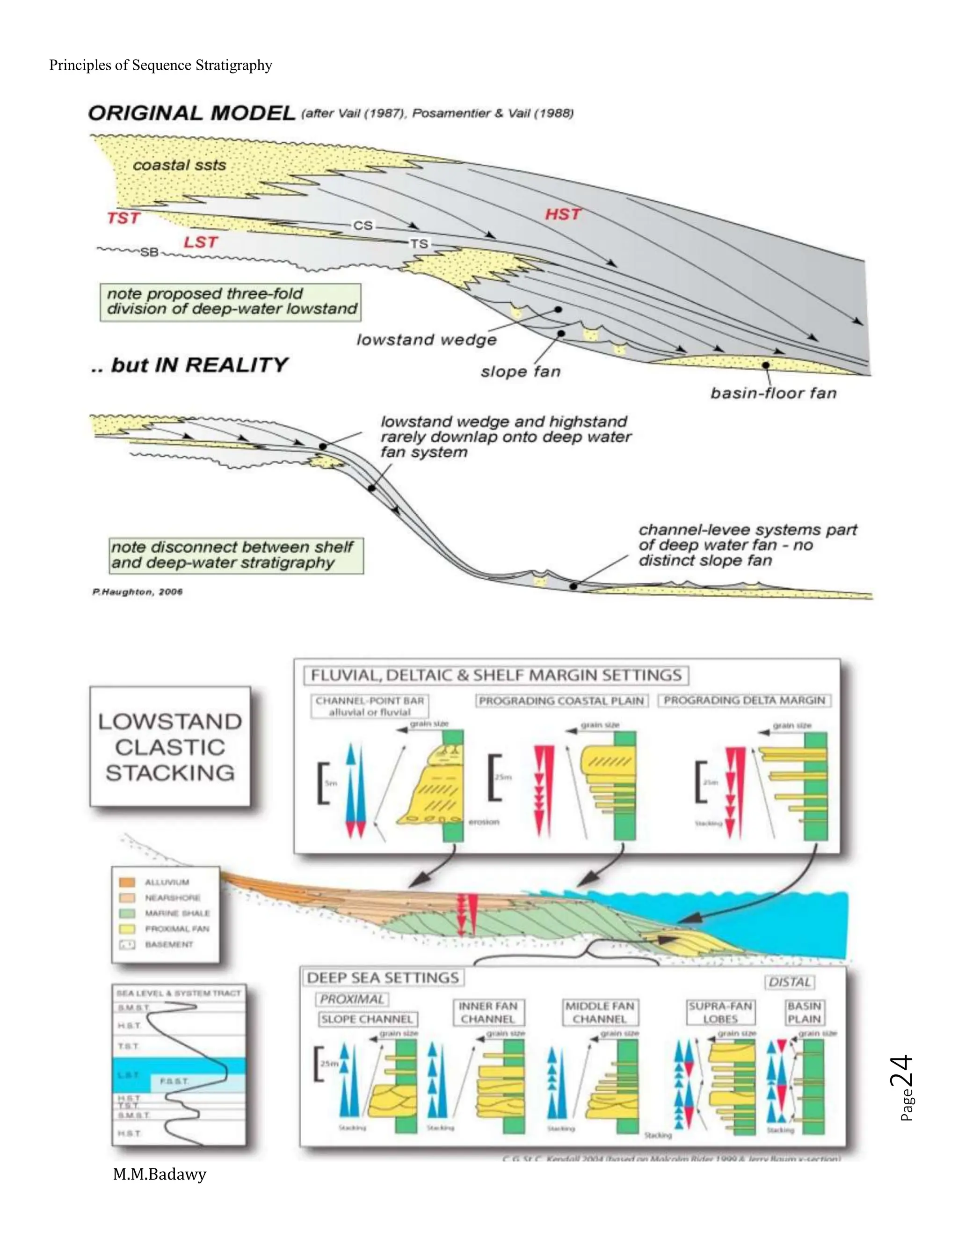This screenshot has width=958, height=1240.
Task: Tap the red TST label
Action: pos(123,218)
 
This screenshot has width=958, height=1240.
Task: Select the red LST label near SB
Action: pos(200,242)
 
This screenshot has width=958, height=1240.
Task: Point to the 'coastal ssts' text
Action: pos(179,165)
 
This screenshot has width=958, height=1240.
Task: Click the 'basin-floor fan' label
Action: pos(773,393)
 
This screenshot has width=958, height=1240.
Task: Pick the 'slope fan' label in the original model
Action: pos(521,372)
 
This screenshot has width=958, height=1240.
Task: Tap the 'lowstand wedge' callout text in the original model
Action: pos(426,340)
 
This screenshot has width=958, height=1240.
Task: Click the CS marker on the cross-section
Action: pos(363,226)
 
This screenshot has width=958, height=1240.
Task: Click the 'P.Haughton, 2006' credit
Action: pos(138,591)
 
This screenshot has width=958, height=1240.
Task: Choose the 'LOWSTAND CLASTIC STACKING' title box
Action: pos(170,747)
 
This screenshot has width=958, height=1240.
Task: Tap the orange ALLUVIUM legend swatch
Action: pos(127,882)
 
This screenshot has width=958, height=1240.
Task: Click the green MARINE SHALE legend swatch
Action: pos(127,913)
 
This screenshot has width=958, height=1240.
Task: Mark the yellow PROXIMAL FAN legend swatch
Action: pos(127,929)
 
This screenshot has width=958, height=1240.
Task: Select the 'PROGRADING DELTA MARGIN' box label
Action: pos(744,700)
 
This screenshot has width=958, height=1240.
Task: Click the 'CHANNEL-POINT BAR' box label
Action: pos(370,700)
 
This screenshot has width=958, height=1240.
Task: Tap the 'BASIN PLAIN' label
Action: pos(804,1012)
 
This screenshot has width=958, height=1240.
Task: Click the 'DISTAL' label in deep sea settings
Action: pos(790,982)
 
